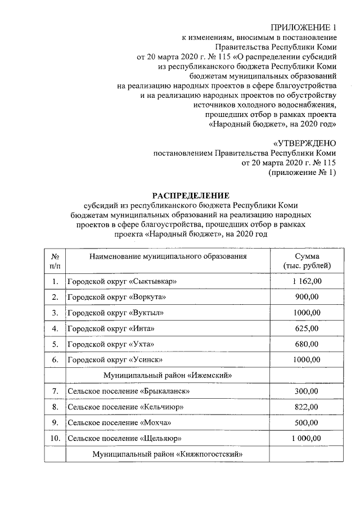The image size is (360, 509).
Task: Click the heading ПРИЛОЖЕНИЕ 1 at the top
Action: coord(303,28)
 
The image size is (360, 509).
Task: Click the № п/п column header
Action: coord(55,261)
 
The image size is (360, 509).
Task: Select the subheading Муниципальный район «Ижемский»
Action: coord(168,375)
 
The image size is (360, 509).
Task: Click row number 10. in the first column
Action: coord(55,438)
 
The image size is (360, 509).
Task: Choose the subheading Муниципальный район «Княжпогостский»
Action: coord(168,453)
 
